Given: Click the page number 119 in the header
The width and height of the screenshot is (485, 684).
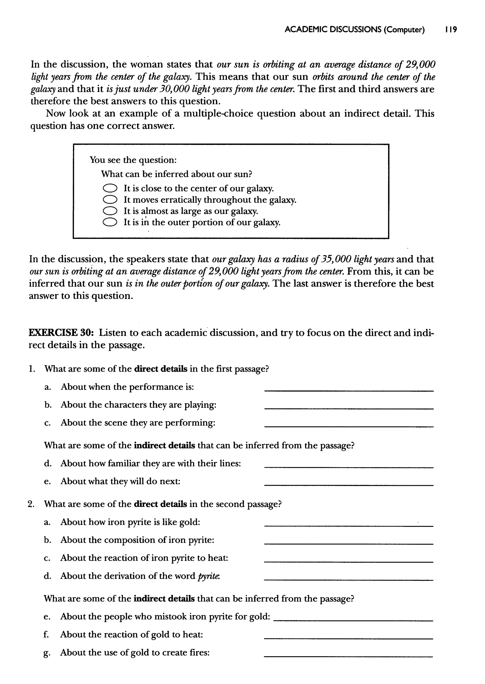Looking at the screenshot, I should pyautogui.click(x=451, y=30).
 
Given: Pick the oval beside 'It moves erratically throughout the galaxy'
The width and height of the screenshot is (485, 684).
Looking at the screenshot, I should pyautogui.click(x=110, y=200).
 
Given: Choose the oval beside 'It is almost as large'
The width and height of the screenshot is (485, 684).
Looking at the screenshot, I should pyautogui.click(x=110, y=211).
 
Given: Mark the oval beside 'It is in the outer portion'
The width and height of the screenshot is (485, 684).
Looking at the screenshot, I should pyautogui.click(x=110, y=222).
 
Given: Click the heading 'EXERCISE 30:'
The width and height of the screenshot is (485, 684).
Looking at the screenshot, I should pyautogui.click(x=61, y=333).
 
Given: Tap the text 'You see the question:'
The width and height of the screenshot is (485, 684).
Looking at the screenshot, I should pyautogui.click(x=133, y=160).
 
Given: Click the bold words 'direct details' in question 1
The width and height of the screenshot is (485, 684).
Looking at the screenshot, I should pyautogui.click(x=161, y=369).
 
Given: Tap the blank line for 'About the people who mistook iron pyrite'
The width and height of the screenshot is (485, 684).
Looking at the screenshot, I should pyautogui.click(x=353, y=620).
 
